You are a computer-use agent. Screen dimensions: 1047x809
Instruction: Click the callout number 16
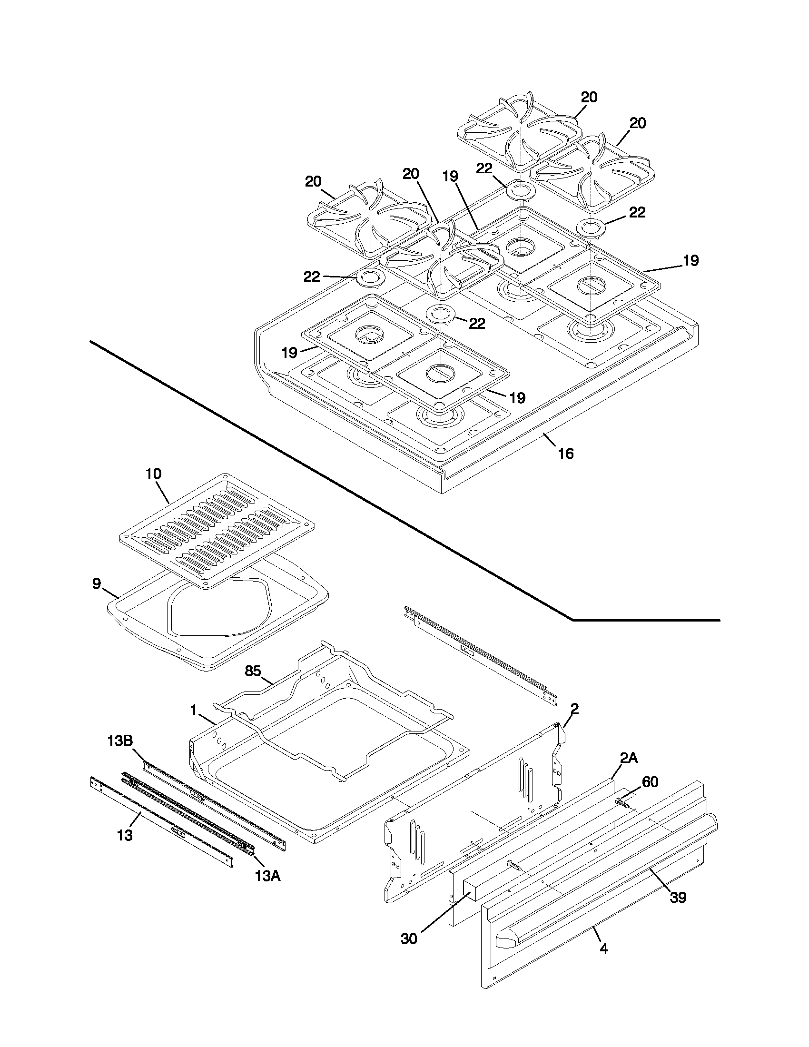pyautogui.click(x=565, y=453)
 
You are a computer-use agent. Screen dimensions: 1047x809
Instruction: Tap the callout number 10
pyautogui.click(x=153, y=474)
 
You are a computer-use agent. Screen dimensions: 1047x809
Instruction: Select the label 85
pyautogui.click(x=253, y=671)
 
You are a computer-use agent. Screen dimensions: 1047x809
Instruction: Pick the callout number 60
pyautogui.click(x=650, y=782)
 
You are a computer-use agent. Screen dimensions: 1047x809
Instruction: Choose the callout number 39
pyautogui.click(x=678, y=898)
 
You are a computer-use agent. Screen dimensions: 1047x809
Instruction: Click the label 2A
pyautogui.click(x=629, y=758)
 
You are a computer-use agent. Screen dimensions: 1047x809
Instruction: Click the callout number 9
pyautogui.click(x=97, y=583)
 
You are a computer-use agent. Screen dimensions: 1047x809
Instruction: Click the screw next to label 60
pyautogui.click(x=623, y=801)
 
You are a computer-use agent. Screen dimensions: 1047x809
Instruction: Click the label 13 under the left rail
pyautogui.click(x=125, y=835)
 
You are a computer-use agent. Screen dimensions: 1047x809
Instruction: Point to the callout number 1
pyautogui.click(x=194, y=710)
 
